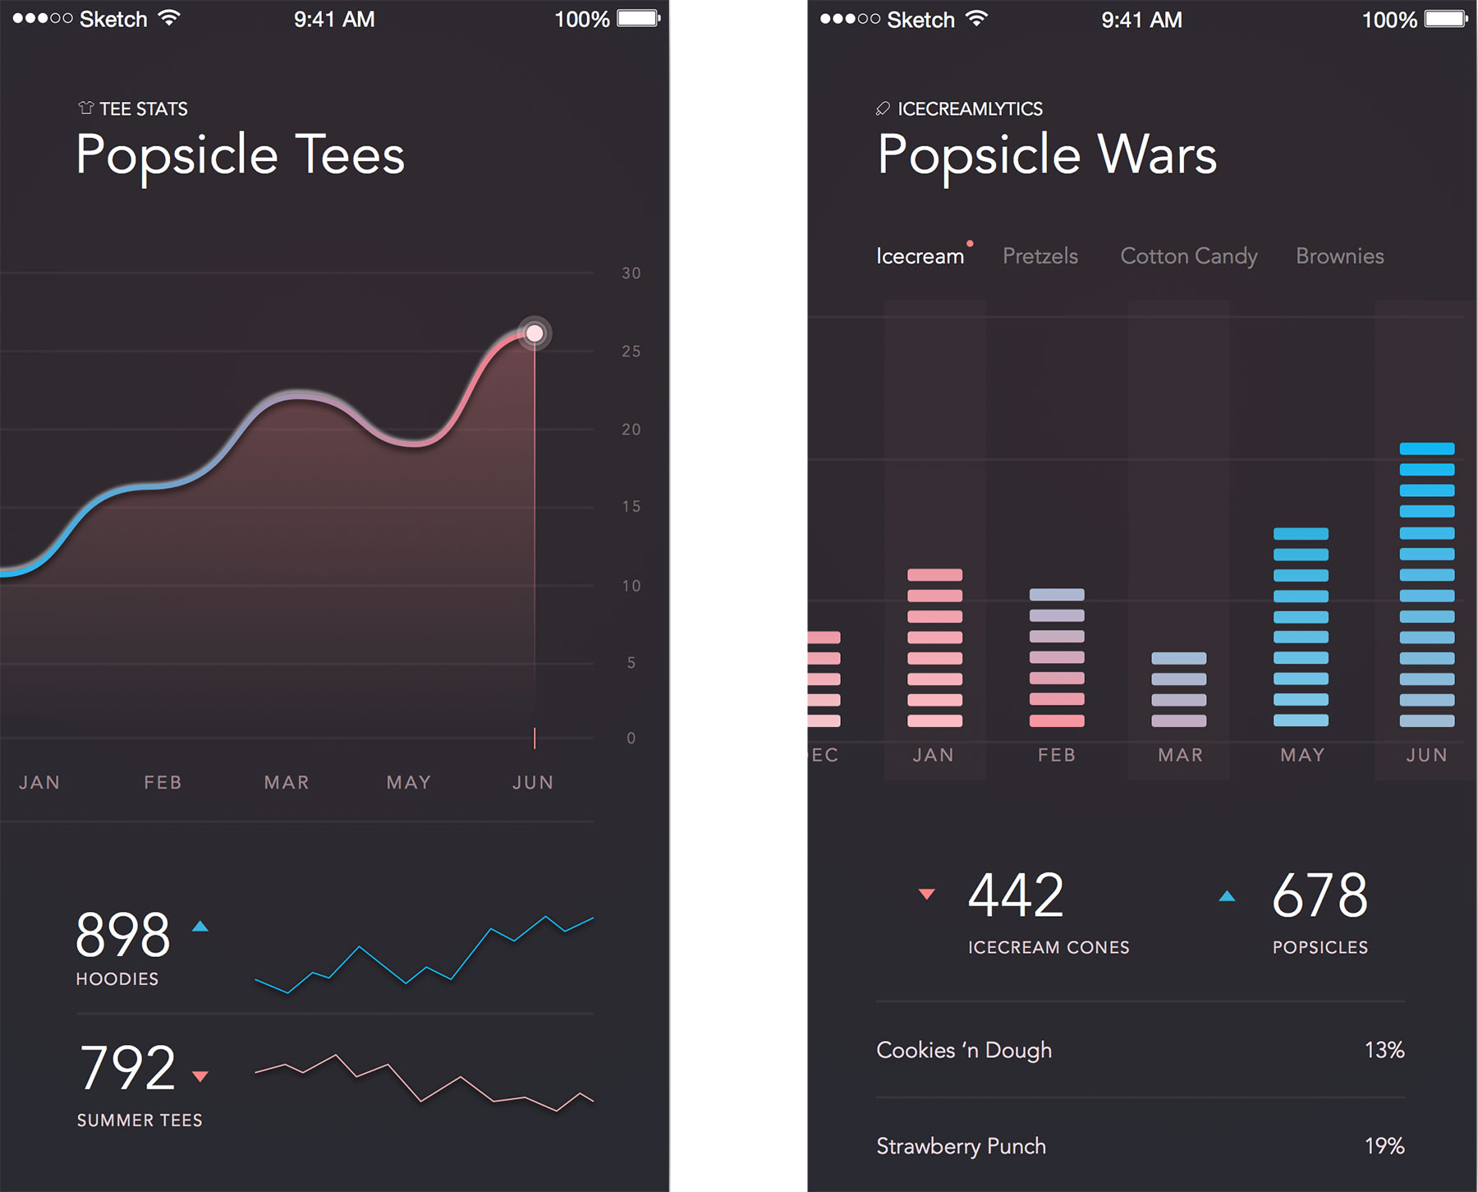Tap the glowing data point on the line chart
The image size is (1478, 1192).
click(535, 334)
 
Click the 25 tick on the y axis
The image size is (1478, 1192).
click(631, 352)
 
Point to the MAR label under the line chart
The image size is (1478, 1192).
click(287, 782)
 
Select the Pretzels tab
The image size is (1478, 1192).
click(1040, 256)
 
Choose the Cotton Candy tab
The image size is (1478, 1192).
click(1188, 256)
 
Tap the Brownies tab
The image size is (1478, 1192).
click(1339, 256)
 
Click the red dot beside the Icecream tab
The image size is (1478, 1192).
click(970, 244)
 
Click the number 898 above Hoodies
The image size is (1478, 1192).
click(123, 936)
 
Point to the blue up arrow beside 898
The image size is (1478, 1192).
click(200, 927)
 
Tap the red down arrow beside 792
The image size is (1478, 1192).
click(200, 1076)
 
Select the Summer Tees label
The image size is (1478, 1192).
click(140, 1121)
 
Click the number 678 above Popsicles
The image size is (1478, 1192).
click(1320, 896)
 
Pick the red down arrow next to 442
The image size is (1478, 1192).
click(926, 895)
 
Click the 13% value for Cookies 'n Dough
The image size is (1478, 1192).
click(1384, 1050)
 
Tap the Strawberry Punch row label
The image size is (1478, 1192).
click(961, 1146)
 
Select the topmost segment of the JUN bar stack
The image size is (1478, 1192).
click(1426, 449)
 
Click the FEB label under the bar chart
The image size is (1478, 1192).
click(1056, 755)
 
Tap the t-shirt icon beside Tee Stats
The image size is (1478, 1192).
click(85, 108)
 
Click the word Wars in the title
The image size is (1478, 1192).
click(1157, 154)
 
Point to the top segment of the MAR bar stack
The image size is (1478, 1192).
click(1178, 658)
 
